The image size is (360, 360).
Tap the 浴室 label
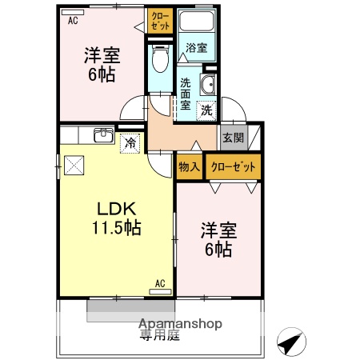[x=197, y=48]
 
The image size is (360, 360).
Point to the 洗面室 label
[x=185, y=93]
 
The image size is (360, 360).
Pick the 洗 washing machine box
[x=206, y=110]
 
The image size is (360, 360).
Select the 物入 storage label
[x=189, y=166]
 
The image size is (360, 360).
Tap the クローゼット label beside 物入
[x=233, y=166]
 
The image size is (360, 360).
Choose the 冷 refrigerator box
[x=130, y=144]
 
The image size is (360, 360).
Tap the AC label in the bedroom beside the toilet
[x=73, y=21]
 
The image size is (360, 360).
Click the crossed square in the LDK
[x=76, y=165]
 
